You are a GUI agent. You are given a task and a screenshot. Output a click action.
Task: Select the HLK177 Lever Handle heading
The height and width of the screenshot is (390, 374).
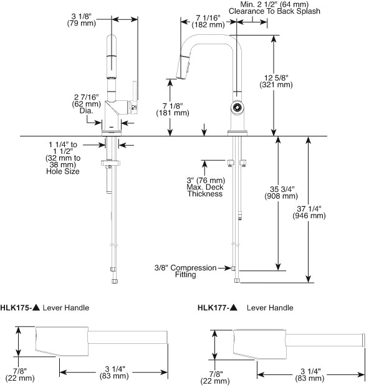[x=245, y=307]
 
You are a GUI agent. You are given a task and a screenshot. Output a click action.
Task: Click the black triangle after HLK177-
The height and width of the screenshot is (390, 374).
[x=234, y=307]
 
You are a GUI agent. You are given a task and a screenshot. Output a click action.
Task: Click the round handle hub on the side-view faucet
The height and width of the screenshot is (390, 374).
[x=237, y=108]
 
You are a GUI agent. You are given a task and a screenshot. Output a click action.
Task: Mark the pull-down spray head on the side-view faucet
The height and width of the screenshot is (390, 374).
[x=185, y=66]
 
